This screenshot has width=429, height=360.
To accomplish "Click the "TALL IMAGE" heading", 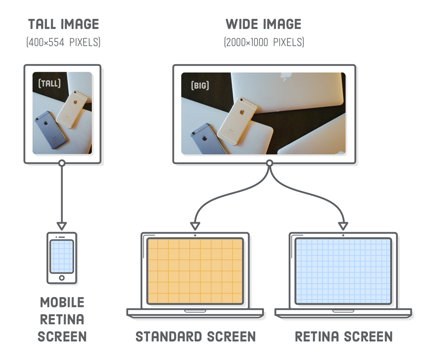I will [63, 24].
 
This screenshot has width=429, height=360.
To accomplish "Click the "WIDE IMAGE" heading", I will [263, 24].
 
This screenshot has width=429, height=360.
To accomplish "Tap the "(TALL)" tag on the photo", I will [49, 84].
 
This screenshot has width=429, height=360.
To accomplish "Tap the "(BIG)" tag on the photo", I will [200, 86].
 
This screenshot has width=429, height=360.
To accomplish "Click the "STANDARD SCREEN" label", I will [196, 336].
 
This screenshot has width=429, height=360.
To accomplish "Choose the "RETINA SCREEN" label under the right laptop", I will [344, 336].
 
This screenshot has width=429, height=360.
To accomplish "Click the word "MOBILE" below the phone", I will [62, 302].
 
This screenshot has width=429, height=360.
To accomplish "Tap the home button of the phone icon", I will [62, 277].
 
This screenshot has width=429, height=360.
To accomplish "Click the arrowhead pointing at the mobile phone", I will [62, 226].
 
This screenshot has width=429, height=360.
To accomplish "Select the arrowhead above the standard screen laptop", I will [195, 226].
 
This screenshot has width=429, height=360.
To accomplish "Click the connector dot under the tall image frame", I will [62, 163].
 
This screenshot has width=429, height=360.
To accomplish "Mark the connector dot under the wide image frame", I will [270, 163].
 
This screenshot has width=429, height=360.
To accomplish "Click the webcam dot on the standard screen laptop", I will [195, 235].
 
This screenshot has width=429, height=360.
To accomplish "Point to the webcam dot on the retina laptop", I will [343, 235].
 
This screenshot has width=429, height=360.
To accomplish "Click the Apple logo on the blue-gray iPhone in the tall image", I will [46, 123].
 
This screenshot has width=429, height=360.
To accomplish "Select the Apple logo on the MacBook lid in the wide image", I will [285, 75].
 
